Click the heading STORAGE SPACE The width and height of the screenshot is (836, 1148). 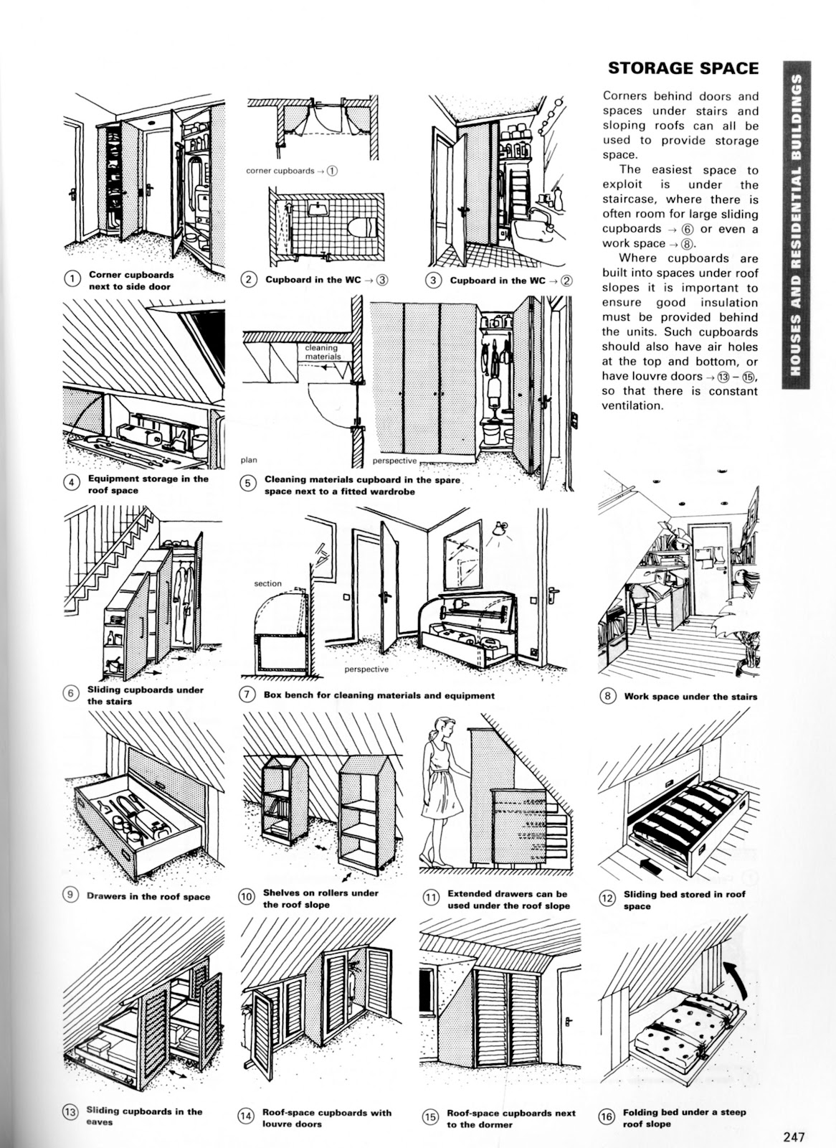683,68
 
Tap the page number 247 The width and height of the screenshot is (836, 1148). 794,1136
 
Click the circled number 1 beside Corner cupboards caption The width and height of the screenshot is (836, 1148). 72,280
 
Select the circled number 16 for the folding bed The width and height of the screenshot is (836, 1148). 607,1117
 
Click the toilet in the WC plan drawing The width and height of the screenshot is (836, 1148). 361,228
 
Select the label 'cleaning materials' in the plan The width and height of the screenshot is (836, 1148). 322,352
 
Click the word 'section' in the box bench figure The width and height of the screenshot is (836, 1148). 268,584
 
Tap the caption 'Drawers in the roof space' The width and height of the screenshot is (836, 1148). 148,896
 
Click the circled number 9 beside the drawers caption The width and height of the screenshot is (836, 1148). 71,894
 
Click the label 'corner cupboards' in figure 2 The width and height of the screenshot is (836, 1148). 280,171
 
